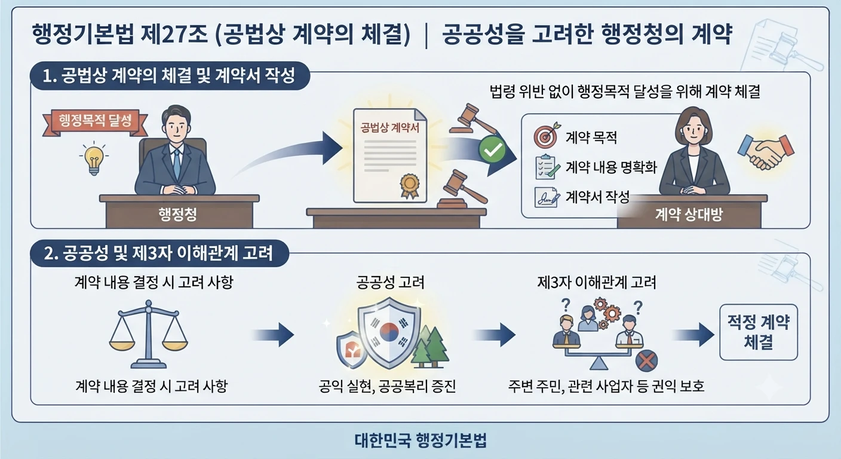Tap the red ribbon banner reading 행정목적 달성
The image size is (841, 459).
[x=95, y=122]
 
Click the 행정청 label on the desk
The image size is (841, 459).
[x=177, y=214]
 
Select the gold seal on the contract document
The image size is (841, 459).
[x=410, y=185]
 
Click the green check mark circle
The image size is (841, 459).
[x=492, y=149]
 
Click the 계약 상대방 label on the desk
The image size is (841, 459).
[x=689, y=215]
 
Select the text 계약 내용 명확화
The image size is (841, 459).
[x=611, y=167]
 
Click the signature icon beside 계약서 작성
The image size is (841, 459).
[x=547, y=197]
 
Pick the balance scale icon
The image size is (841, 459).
[x=149, y=334]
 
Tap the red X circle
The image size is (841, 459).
[x=646, y=360]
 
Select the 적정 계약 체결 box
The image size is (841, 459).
[x=759, y=332]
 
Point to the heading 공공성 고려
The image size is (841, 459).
[x=390, y=283]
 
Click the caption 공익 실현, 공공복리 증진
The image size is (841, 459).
[x=387, y=386]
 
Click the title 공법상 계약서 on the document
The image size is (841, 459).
[x=389, y=128]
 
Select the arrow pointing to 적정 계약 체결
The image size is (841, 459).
[x=693, y=335]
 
